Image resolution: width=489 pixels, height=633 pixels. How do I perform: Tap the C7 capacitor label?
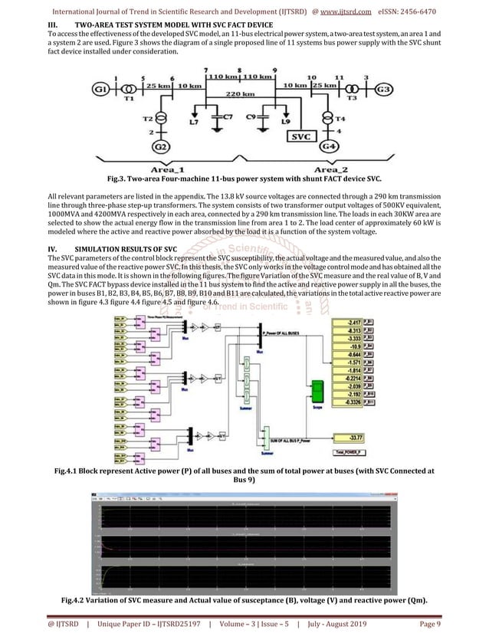point(222,116)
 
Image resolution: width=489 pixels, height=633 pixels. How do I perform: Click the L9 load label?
point(286,121)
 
